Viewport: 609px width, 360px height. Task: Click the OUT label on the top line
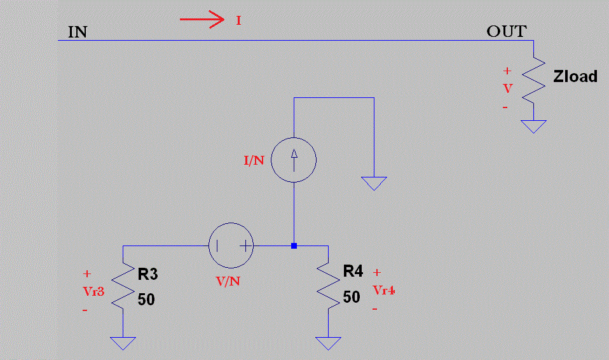[506, 32]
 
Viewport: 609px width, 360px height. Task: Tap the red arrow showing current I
[202, 20]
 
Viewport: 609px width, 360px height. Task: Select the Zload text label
[575, 77]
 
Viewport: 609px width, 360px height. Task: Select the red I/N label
[254, 160]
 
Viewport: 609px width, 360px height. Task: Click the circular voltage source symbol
[231, 246]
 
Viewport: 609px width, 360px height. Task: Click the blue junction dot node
[294, 246]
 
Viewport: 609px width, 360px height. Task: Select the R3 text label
[147, 275]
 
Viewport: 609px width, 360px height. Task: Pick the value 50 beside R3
[146, 300]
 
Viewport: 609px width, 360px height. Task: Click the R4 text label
[353, 272]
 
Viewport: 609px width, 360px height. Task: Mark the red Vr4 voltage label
[385, 291]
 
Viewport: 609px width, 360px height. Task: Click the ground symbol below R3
[123, 343]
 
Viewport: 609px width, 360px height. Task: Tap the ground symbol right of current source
[374, 184]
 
